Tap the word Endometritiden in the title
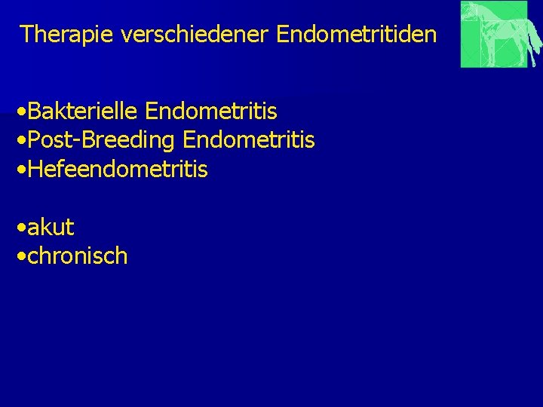pyautogui.click(x=357, y=35)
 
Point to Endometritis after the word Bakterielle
pyautogui.click(x=211, y=112)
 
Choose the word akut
pyautogui.click(x=51, y=227)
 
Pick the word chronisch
pyautogui.click(x=78, y=256)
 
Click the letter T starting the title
pyautogui.click(x=26, y=35)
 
